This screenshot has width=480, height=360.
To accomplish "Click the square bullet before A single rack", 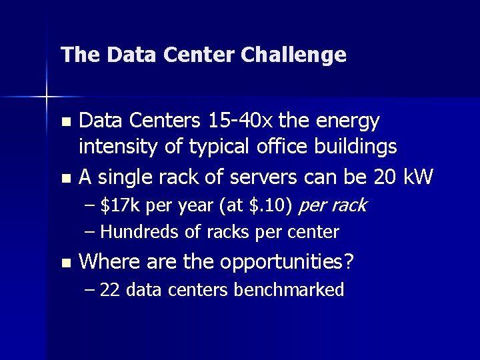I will pyautogui.click(x=65, y=178).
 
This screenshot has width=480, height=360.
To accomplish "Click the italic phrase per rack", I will pyautogui.click(x=333, y=206).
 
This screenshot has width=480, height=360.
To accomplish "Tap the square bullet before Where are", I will pyautogui.click(x=65, y=263).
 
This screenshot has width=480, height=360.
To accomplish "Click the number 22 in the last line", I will pyautogui.click(x=110, y=290).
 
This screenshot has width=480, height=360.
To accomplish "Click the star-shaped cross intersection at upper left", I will pyautogui.click(x=47, y=97).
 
